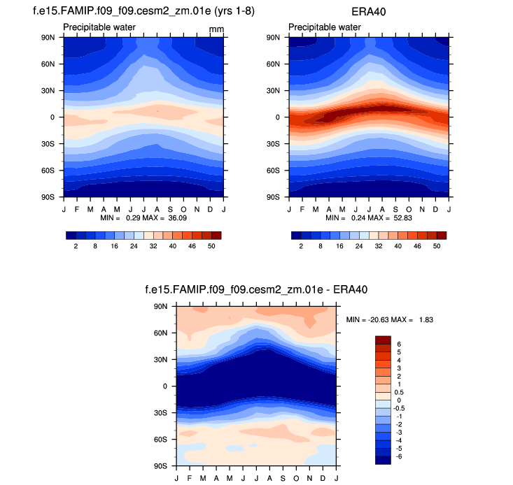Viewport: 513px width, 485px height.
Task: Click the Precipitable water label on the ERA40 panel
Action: point(324,27)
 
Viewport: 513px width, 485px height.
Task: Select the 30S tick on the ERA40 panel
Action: point(274,144)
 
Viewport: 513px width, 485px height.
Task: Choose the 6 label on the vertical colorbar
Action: point(400,344)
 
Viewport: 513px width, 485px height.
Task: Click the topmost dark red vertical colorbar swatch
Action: point(383,340)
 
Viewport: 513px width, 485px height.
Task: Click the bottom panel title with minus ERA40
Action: point(256,289)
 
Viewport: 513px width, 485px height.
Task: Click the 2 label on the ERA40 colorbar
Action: point(300,246)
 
